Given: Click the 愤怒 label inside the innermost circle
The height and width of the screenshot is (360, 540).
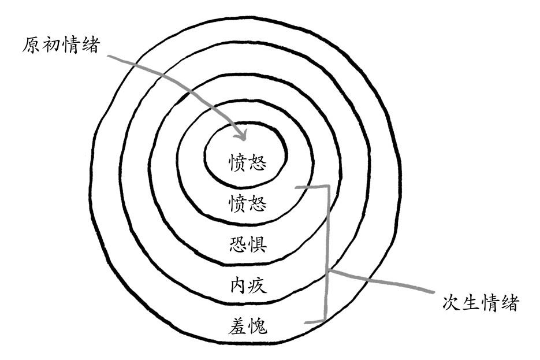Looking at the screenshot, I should pyautogui.click(x=247, y=162).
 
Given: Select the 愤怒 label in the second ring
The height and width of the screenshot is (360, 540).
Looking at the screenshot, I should pyautogui.click(x=247, y=203).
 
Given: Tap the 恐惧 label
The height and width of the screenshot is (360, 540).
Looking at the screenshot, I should pyautogui.click(x=247, y=244).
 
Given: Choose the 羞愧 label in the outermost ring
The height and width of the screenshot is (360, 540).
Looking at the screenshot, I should pyautogui.click(x=248, y=327).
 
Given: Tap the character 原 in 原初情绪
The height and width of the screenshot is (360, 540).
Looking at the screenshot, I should pyautogui.click(x=32, y=45).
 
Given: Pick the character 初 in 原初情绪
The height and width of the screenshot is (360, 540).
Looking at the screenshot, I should pyautogui.click(x=51, y=45).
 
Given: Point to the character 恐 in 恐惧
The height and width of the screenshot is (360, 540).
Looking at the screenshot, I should pyautogui.click(x=238, y=244).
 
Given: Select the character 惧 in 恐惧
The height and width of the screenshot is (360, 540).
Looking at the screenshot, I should pyautogui.click(x=257, y=244).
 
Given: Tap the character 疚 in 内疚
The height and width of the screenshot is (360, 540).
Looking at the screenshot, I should pyautogui.click(x=258, y=285).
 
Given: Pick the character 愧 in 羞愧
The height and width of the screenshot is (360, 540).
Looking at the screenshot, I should pyautogui.click(x=258, y=327).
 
